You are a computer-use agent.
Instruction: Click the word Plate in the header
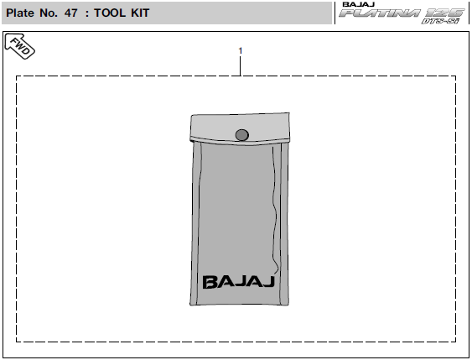20,13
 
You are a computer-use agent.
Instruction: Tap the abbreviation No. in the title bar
49,13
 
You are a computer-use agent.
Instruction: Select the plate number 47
71,13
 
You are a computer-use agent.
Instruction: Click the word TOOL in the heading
110,13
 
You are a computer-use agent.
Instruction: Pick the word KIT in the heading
140,13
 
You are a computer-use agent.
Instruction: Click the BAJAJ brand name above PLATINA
358,4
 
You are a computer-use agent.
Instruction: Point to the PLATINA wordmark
380,13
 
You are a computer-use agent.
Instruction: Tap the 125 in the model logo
444,13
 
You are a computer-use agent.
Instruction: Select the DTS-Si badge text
440,21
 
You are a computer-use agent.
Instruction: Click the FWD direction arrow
20,46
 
